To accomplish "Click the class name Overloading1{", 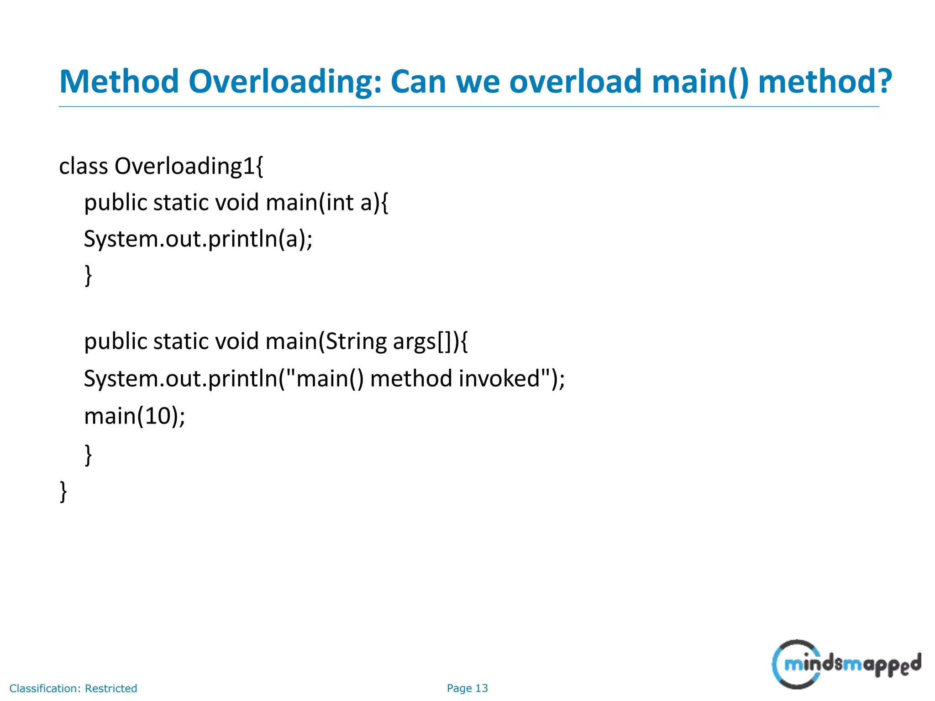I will (x=189, y=166).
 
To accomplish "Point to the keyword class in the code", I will (x=84, y=166).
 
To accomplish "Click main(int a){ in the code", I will (x=327, y=203).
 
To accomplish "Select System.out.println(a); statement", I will (x=198, y=239).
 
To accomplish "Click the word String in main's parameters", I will (x=356, y=342).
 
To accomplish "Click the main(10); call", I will (x=135, y=416).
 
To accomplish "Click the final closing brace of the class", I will (x=63, y=491).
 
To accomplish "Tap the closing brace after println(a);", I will (x=88, y=275).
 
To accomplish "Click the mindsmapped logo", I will (x=846, y=664).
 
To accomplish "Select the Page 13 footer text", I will (x=467, y=688).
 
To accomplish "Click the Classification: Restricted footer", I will (x=73, y=688).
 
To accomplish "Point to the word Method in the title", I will (x=119, y=82).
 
